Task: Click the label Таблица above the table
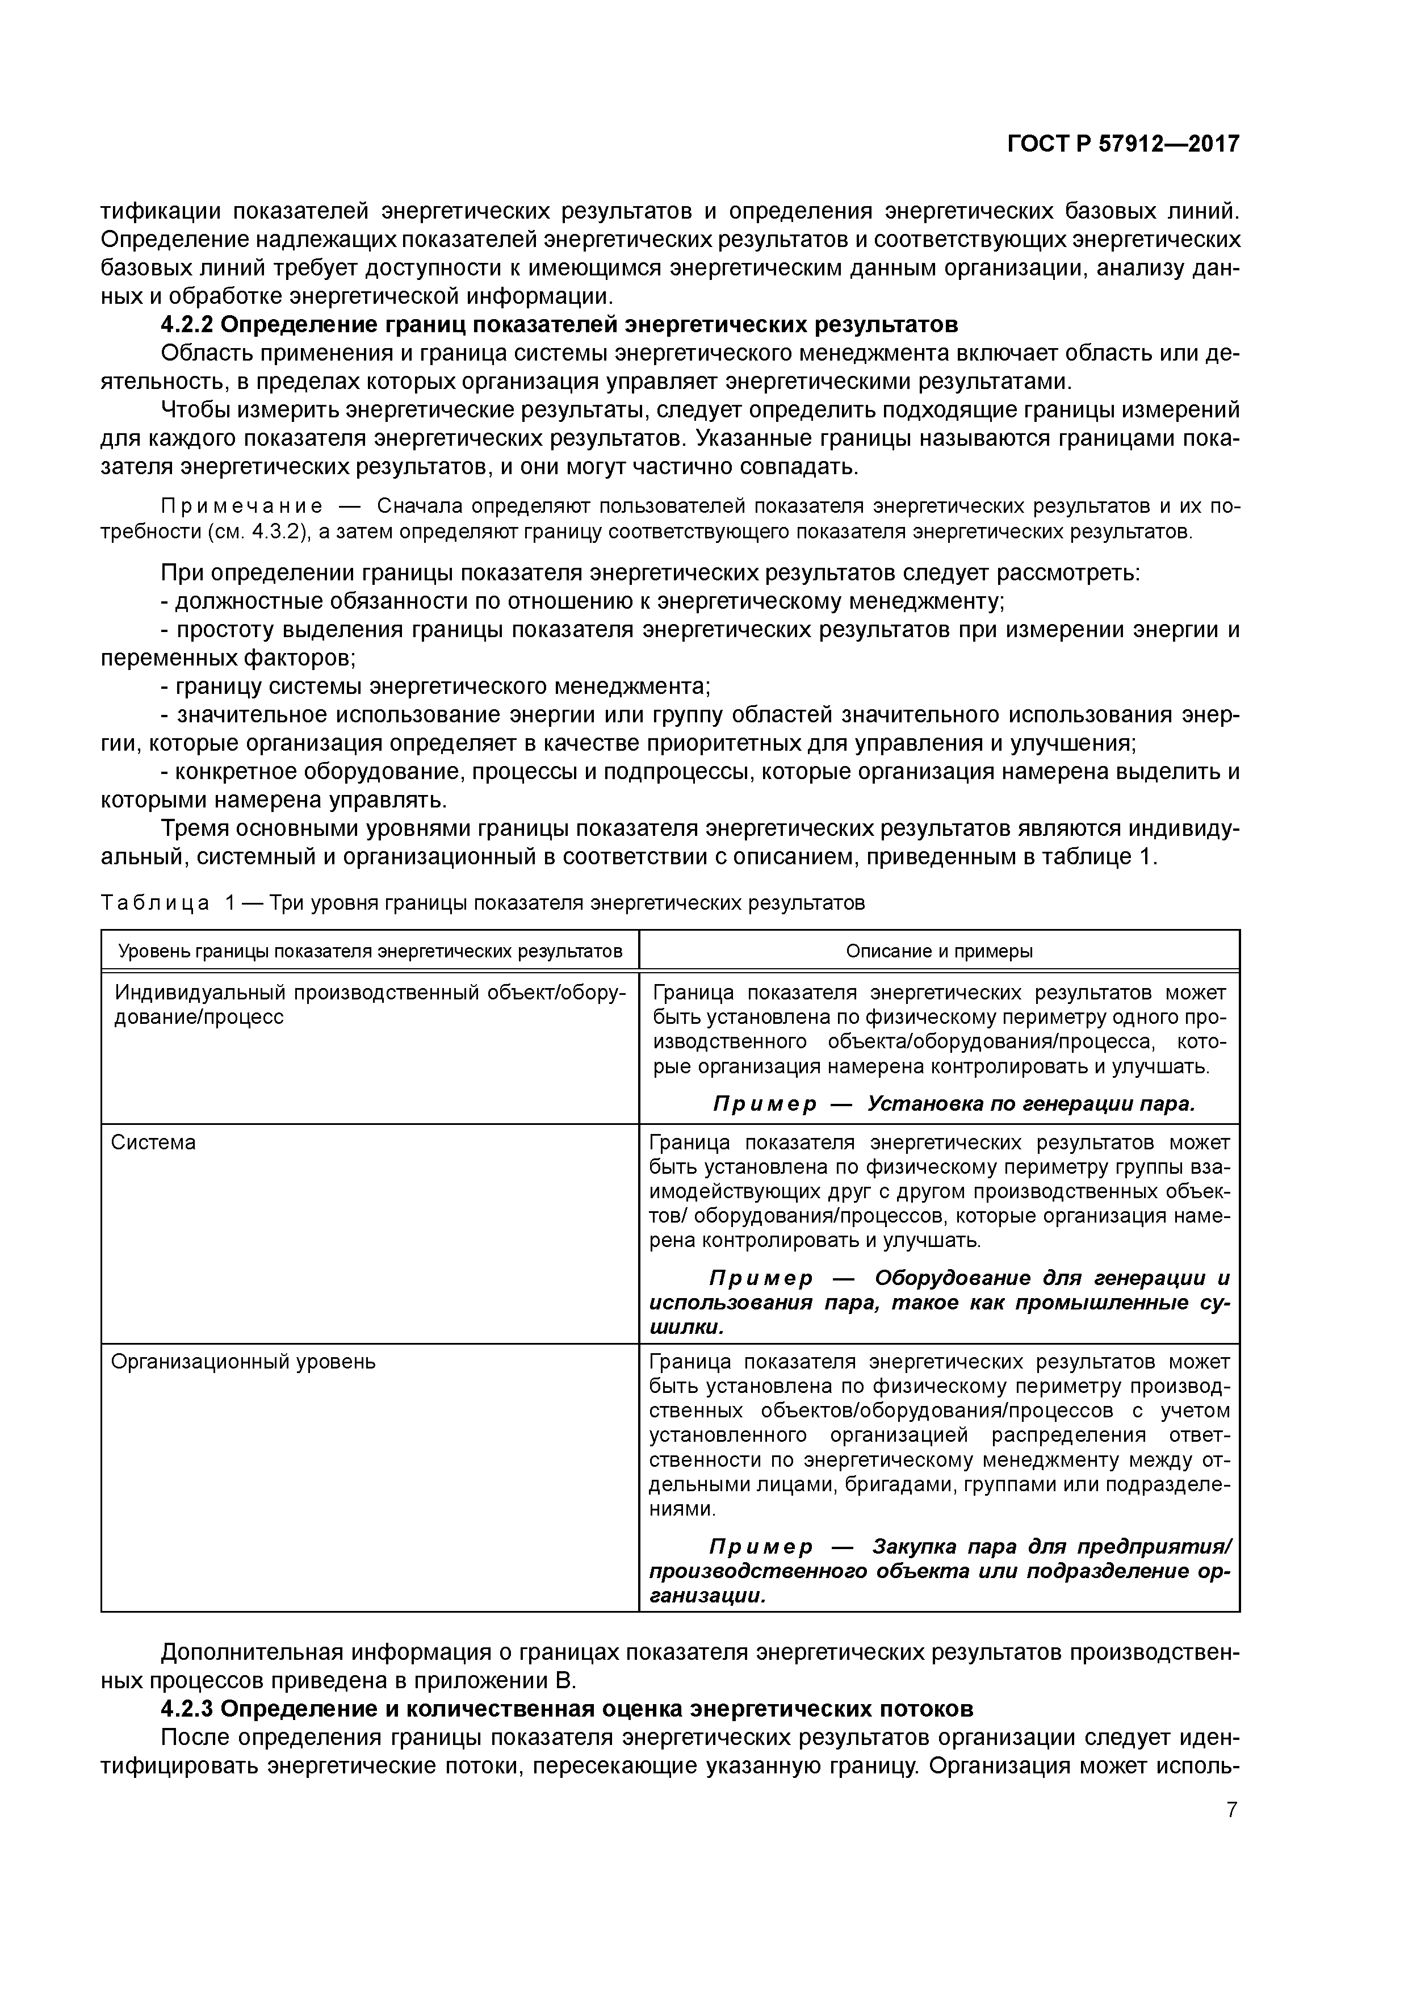[x=154, y=903]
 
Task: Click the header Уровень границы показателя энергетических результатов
[x=370, y=951]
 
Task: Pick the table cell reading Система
[x=153, y=1143]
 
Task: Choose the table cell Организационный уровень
[x=243, y=1361]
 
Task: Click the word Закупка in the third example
[x=915, y=1547]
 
